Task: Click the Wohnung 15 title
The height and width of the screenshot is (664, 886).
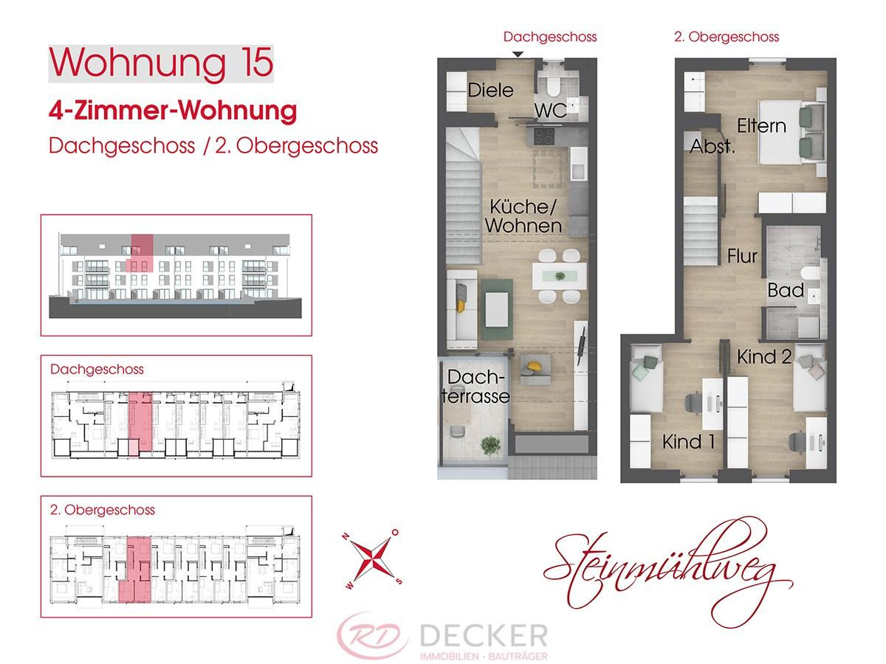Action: pyautogui.click(x=160, y=63)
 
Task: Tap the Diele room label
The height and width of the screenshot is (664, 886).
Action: pyautogui.click(x=490, y=91)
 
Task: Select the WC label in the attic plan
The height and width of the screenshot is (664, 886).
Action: pyautogui.click(x=550, y=111)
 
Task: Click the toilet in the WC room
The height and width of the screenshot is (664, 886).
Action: pyautogui.click(x=551, y=87)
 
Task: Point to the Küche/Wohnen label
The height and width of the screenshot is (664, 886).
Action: pyautogui.click(x=523, y=215)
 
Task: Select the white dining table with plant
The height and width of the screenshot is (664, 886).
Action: pyautogui.click(x=560, y=276)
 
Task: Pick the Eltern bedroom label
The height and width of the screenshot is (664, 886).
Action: pyautogui.click(x=761, y=125)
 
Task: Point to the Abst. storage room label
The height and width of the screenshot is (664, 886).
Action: pyautogui.click(x=712, y=146)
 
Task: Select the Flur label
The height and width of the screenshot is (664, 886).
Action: pyautogui.click(x=742, y=256)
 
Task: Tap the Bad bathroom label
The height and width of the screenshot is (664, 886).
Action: pyautogui.click(x=786, y=290)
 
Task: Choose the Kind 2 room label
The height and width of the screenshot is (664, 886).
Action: pyautogui.click(x=765, y=357)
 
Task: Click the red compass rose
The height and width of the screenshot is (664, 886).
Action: pyautogui.click(x=371, y=558)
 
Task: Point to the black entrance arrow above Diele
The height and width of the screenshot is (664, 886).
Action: pyautogui.click(x=518, y=54)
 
